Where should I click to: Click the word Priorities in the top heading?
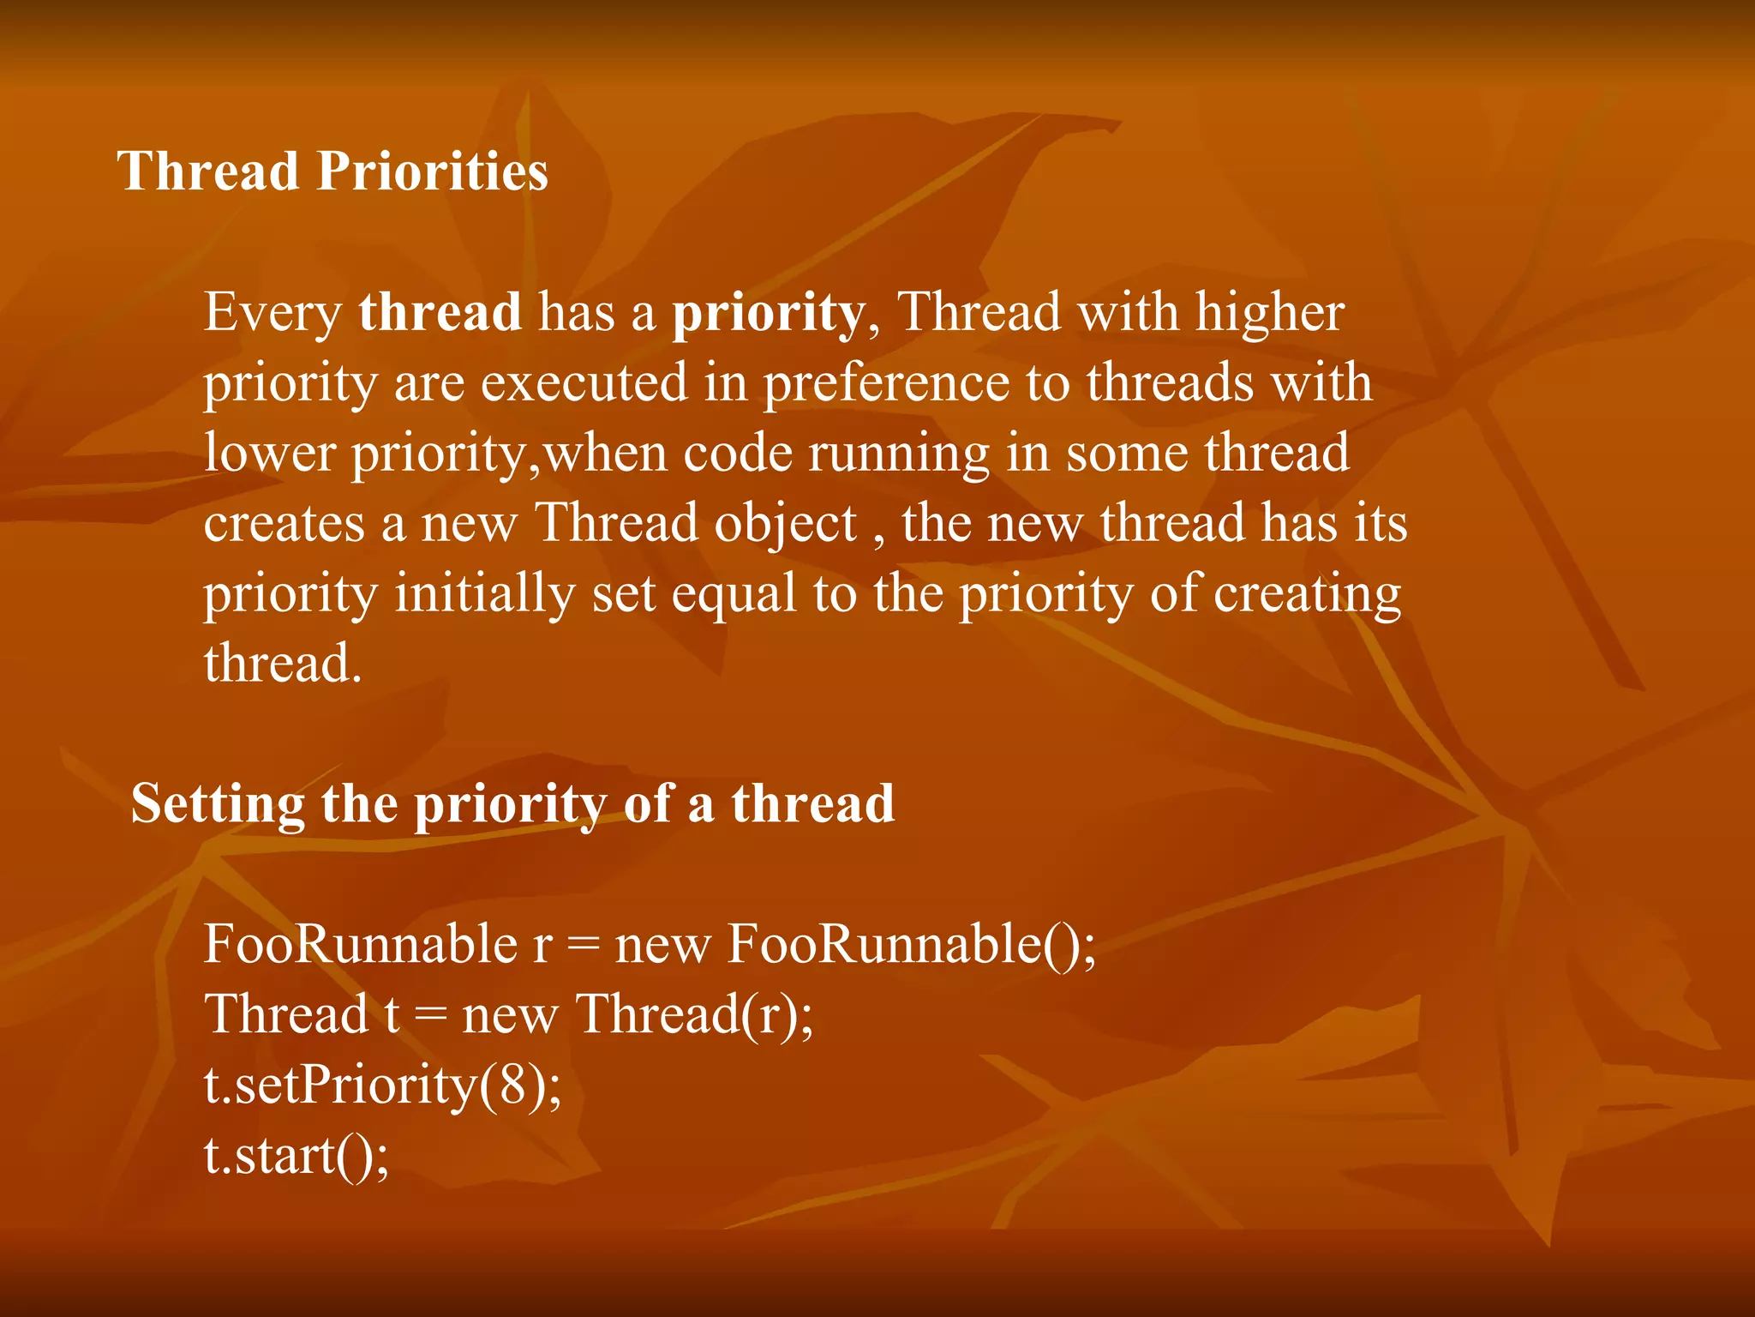click(432, 171)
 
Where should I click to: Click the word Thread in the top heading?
click(207, 171)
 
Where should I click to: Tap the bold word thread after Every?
click(440, 312)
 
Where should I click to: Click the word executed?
click(584, 383)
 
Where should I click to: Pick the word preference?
click(885, 383)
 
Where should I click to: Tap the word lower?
click(269, 454)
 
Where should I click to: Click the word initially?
click(484, 594)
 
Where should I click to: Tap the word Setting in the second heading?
click(217, 805)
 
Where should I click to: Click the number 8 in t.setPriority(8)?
click(512, 1085)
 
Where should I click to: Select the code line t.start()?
click(296, 1155)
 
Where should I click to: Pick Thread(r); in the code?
click(694, 1015)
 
